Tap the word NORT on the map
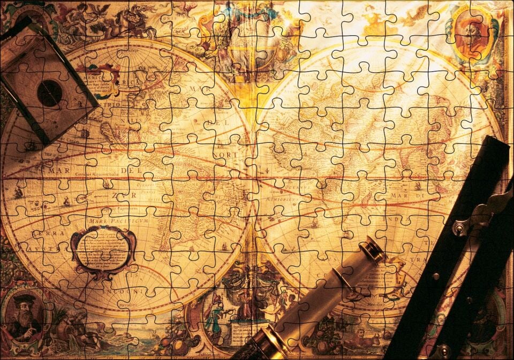[x=227, y=155]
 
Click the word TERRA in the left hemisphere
[x=45, y=234]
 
